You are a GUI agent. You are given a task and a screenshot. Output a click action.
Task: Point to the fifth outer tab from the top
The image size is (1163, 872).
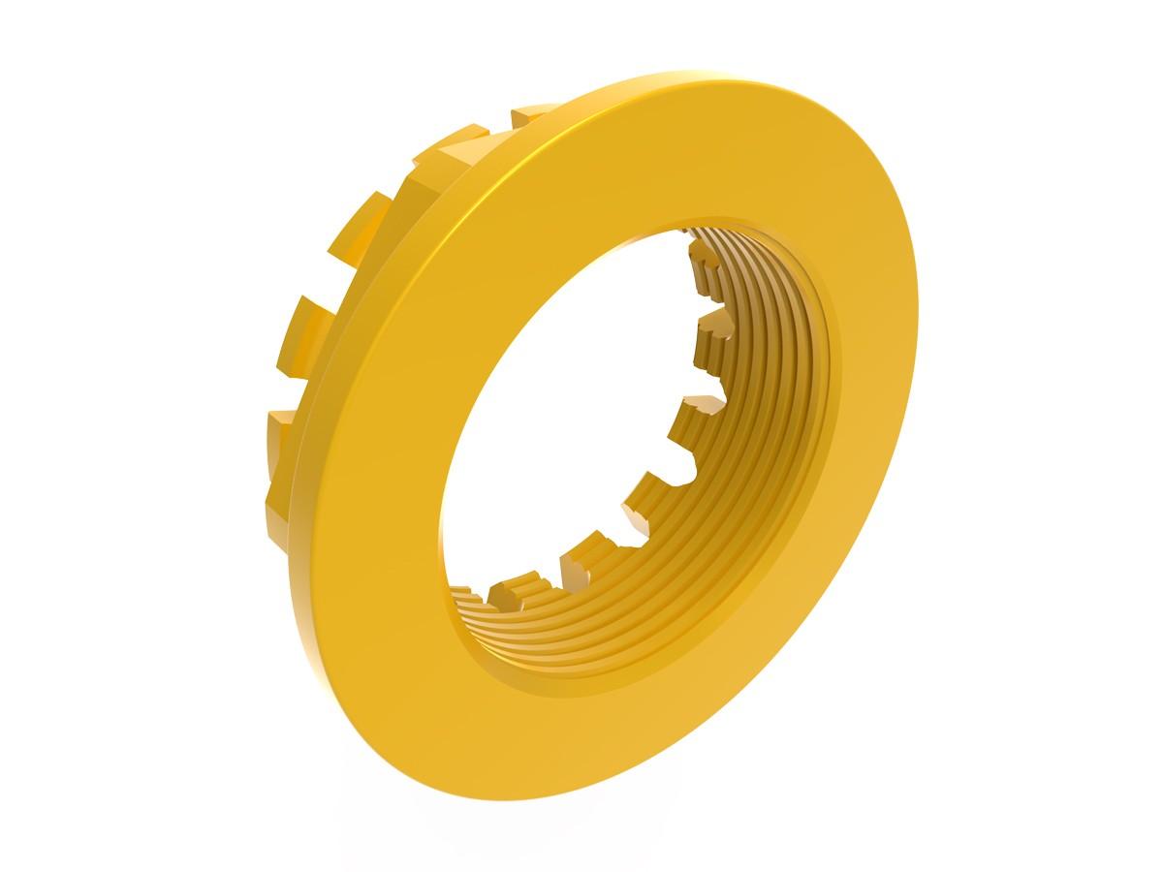(x=277, y=435)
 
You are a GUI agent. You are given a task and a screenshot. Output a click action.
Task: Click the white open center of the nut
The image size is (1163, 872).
(x=572, y=407)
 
